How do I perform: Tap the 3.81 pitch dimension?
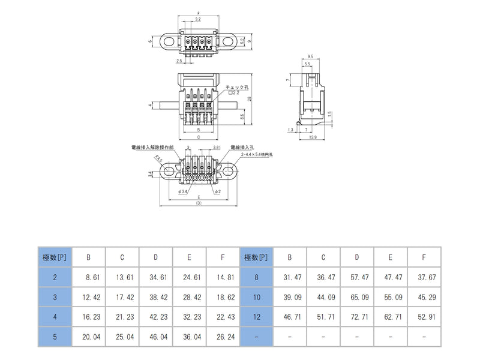(x=218, y=147)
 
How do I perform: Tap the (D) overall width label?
(x=199, y=203)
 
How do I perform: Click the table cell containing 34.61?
(x=155, y=277)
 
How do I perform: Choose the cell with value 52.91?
(x=424, y=317)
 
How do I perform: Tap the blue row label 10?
(x=256, y=297)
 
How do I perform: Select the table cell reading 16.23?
(x=88, y=317)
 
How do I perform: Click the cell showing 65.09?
(x=356, y=297)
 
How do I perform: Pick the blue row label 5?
(x=55, y=337)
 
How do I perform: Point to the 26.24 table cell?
(x=223, y=337)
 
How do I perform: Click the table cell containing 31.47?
(x=290, y=277)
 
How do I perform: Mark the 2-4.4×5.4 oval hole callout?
(x=256, y=154)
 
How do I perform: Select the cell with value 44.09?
(x=323, y=297)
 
